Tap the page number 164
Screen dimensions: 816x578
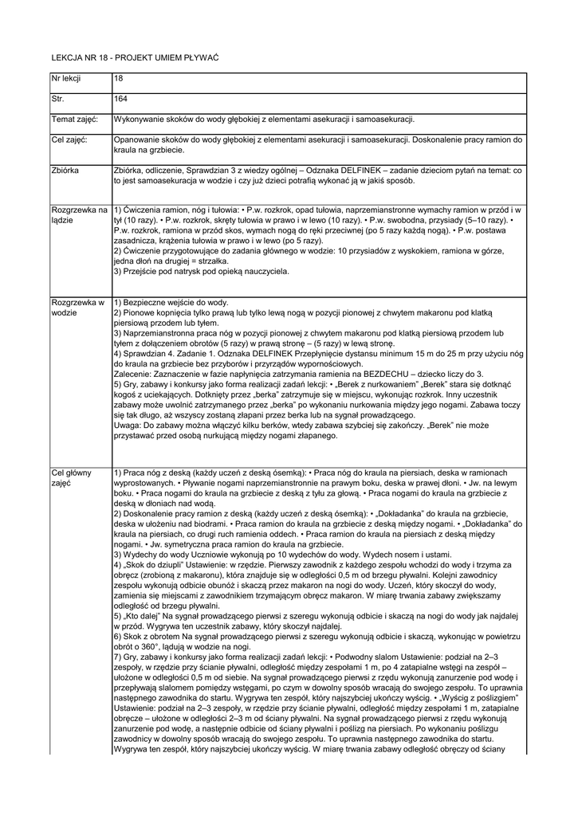pyautogui.click(x=121, y=100)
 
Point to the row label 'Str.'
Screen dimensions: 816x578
pyautogui.click(x=57, y=100)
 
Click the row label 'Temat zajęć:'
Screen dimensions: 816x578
pyautogui.click(x=74, y=119)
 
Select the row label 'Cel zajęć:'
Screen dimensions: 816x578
pyautogui.click(x=70, y=139)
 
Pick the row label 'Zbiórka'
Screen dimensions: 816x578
pyautogui.click(x=65, y=170)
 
